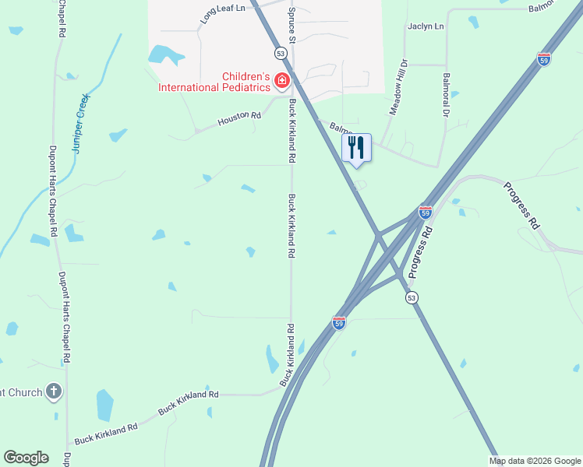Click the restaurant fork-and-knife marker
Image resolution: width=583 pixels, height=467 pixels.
(x=356, y=147)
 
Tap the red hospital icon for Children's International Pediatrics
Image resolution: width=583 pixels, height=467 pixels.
(x=281, y=80)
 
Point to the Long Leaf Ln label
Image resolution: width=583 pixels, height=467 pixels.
(x=221, y=12)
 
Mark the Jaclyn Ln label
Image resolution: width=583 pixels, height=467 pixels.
(x=426, y=26)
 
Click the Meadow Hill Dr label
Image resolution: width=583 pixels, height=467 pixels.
(x=398, y=88)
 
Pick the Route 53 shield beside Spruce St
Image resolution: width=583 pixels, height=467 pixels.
(x=281, y=52)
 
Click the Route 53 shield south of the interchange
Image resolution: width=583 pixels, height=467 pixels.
(x=412, y=297)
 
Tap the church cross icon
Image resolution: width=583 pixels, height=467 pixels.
(x=53, y=392)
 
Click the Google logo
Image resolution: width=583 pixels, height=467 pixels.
(x=26, y=458)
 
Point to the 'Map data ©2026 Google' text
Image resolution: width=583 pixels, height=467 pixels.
(x=535, y=461)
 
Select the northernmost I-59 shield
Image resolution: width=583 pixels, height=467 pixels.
(x=544, y=59)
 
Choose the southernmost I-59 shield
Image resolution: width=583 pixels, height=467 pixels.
(x=338, y=322)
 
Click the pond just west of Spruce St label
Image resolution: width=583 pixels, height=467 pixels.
(x=165, y=54)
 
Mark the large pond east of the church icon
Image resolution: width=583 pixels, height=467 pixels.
(x=104, y=405)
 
